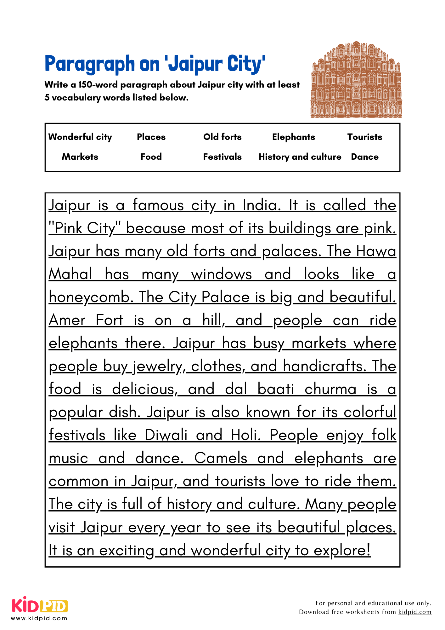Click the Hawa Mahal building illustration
tap(356, 80)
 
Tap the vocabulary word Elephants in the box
tap(293, 137)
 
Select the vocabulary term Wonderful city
tap(80, 137)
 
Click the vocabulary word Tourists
tap(364, 137)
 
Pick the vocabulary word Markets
tap(80, 157)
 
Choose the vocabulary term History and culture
tap(300, 157)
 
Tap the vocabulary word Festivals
tap(222, 157)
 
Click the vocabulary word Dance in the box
tap(364, 157)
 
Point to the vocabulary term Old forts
tap(222, 137)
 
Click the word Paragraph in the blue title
tap(90, 64)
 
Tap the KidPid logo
tap(40, 605)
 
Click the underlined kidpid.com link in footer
tap(414, 612)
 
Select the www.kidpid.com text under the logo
tap(39, 618)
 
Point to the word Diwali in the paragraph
tap(166, 435)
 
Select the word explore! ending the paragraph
tap(342, 551)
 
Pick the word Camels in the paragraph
tap(221, 458)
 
